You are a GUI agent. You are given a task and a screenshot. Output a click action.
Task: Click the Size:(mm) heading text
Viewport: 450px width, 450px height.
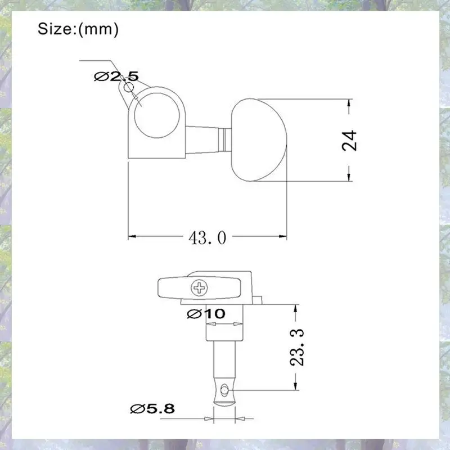coord(78,29)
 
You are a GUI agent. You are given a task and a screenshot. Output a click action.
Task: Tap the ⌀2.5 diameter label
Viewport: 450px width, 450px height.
coord(116,76)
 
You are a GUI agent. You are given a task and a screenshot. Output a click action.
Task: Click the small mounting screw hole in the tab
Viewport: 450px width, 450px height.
coord(128,87)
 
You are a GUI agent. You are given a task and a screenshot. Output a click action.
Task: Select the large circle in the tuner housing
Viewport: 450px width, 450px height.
coord(157,115)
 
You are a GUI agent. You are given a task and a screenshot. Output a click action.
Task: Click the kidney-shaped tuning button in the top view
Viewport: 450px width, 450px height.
coord(258,140)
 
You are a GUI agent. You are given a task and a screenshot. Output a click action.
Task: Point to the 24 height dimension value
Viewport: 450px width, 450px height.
coord(349,141)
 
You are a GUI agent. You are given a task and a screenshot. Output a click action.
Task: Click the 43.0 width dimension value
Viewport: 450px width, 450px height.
coord(207,237)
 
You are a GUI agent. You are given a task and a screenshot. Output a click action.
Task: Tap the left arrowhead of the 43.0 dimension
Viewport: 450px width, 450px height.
coord(132,236)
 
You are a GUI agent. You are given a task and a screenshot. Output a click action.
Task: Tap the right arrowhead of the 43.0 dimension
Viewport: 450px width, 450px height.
coord(283,236)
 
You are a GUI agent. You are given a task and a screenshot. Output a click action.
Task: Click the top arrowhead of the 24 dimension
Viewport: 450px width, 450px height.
coord(349,103)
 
